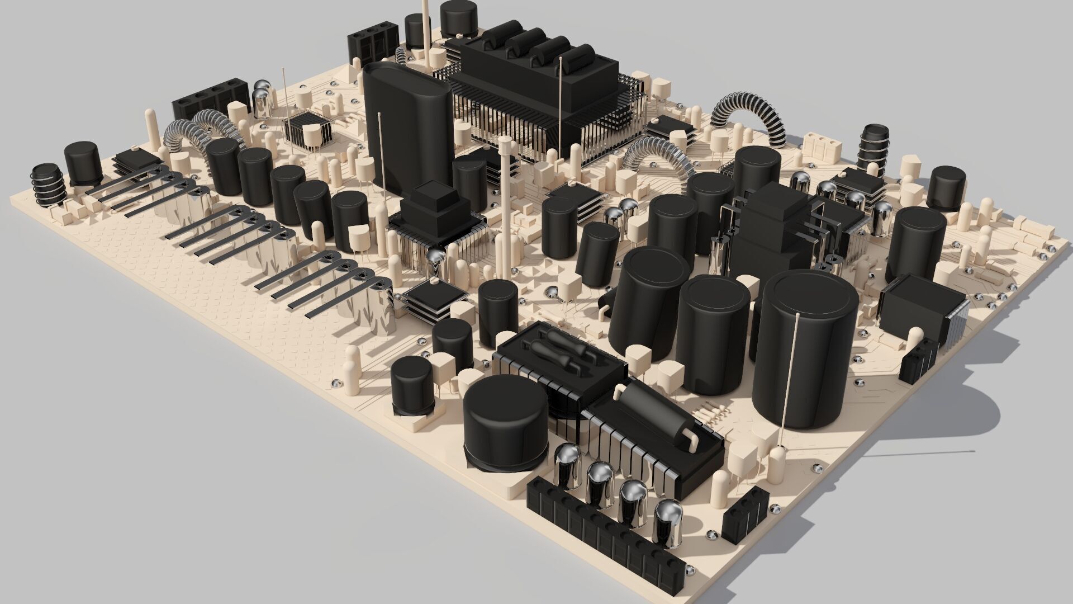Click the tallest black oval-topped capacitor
(x=406, y=129)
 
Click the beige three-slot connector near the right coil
(x=822, y=147)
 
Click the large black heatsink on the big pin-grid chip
(x=539, y=78)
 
